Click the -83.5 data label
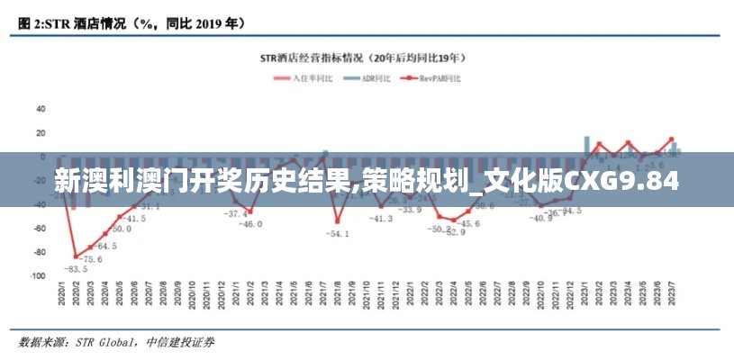click(75, 268)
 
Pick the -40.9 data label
click(540, 218)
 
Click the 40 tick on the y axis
click(40, 109)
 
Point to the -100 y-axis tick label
click(37, 277)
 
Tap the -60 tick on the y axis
click(39, 229)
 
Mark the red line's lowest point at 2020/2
click(76, 256)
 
